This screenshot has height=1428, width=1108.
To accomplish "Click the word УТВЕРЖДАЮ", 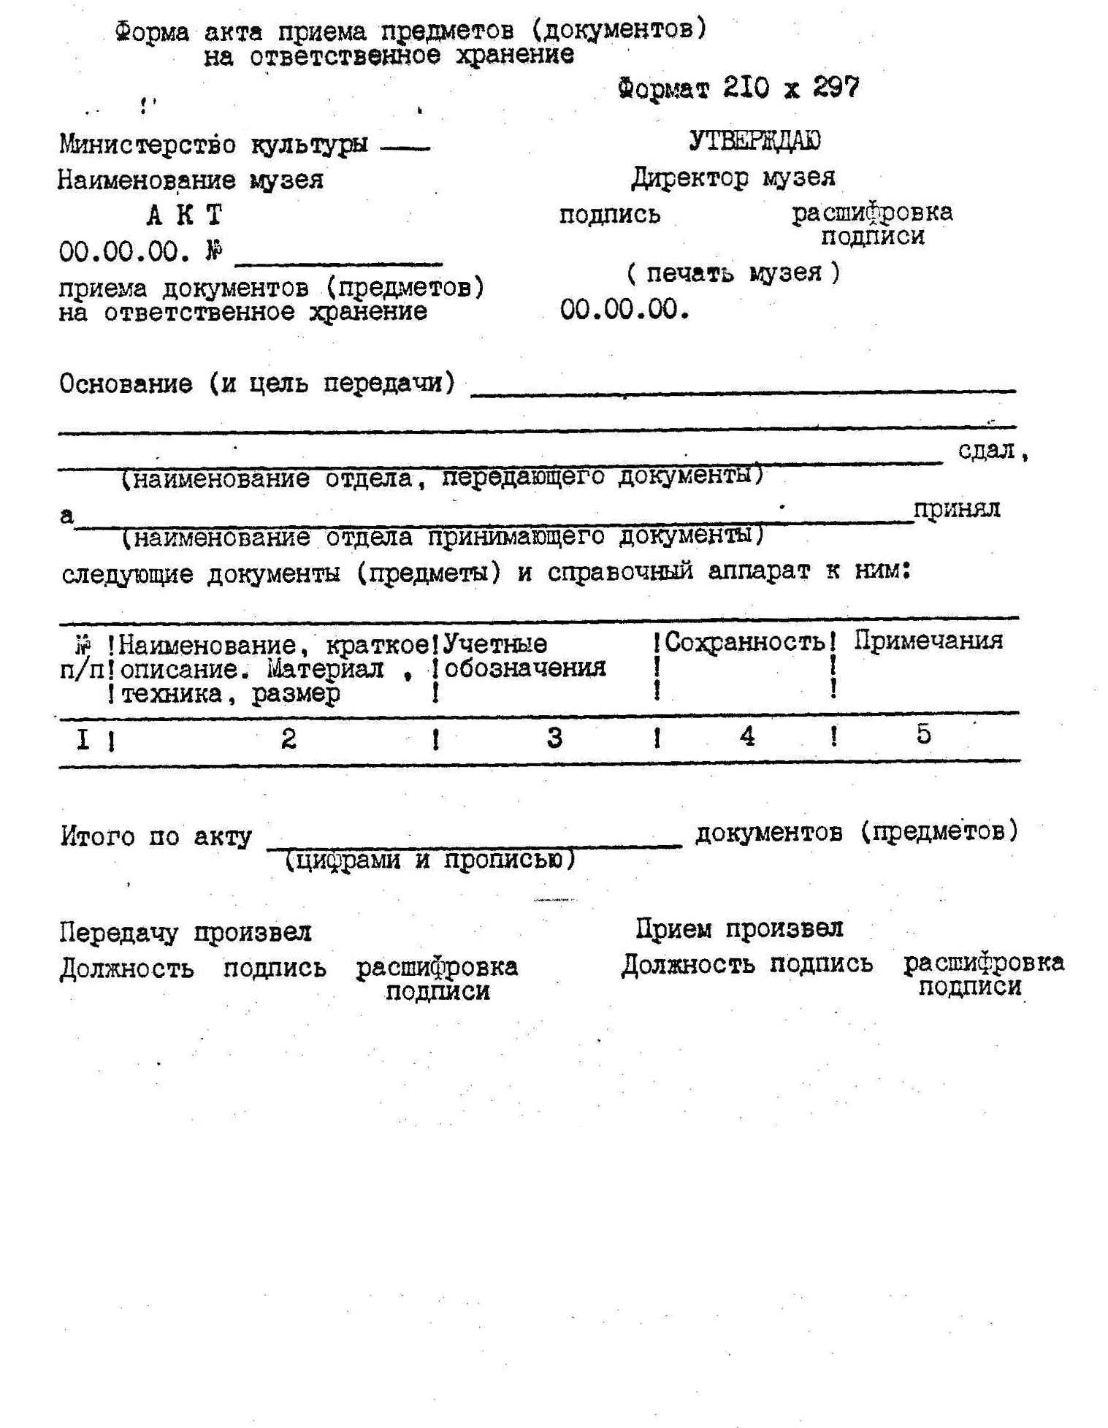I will coord(754,141).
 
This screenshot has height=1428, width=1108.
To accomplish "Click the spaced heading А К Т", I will coord(184,216).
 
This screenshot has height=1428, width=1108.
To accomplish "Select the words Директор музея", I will coord(733,177).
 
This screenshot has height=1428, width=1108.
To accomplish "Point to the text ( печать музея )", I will coord(733,273).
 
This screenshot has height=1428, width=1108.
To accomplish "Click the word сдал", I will coord(987,451).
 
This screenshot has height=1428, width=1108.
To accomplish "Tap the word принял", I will coord(956,508).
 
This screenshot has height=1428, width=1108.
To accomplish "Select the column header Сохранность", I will coord(744,642).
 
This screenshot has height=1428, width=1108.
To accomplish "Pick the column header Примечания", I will coord(928,641).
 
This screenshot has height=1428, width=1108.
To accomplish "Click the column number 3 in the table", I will coord(554,738).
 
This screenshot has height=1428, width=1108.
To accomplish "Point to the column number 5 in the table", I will coord(923,734).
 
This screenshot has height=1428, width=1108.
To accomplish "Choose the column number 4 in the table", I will coord(746,736).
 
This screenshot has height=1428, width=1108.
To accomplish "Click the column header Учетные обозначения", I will coord(524,656).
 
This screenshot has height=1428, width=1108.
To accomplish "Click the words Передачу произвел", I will coord(186,933).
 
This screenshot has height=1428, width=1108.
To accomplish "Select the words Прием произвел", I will coord(738,929).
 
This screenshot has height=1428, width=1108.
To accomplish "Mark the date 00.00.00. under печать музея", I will coord(624,310).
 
